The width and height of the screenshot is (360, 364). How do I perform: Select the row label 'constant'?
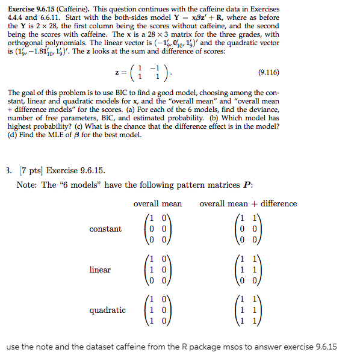click(105, 229)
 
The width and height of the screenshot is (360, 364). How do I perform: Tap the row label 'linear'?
click(100, 270)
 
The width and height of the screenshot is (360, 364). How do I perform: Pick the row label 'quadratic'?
click(107, 310)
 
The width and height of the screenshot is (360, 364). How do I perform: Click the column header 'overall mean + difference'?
click(248, 204)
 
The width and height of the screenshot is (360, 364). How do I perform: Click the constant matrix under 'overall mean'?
click(157, 229)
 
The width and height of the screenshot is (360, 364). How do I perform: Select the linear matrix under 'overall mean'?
click(157, 270)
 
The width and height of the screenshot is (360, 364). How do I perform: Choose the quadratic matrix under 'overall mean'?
click(157, 310)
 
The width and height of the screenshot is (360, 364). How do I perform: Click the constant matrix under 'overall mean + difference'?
click(248, 229)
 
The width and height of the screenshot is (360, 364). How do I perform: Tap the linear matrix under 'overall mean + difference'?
click(248, 270)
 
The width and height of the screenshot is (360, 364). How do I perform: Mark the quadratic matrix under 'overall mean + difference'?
click(248, 310)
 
